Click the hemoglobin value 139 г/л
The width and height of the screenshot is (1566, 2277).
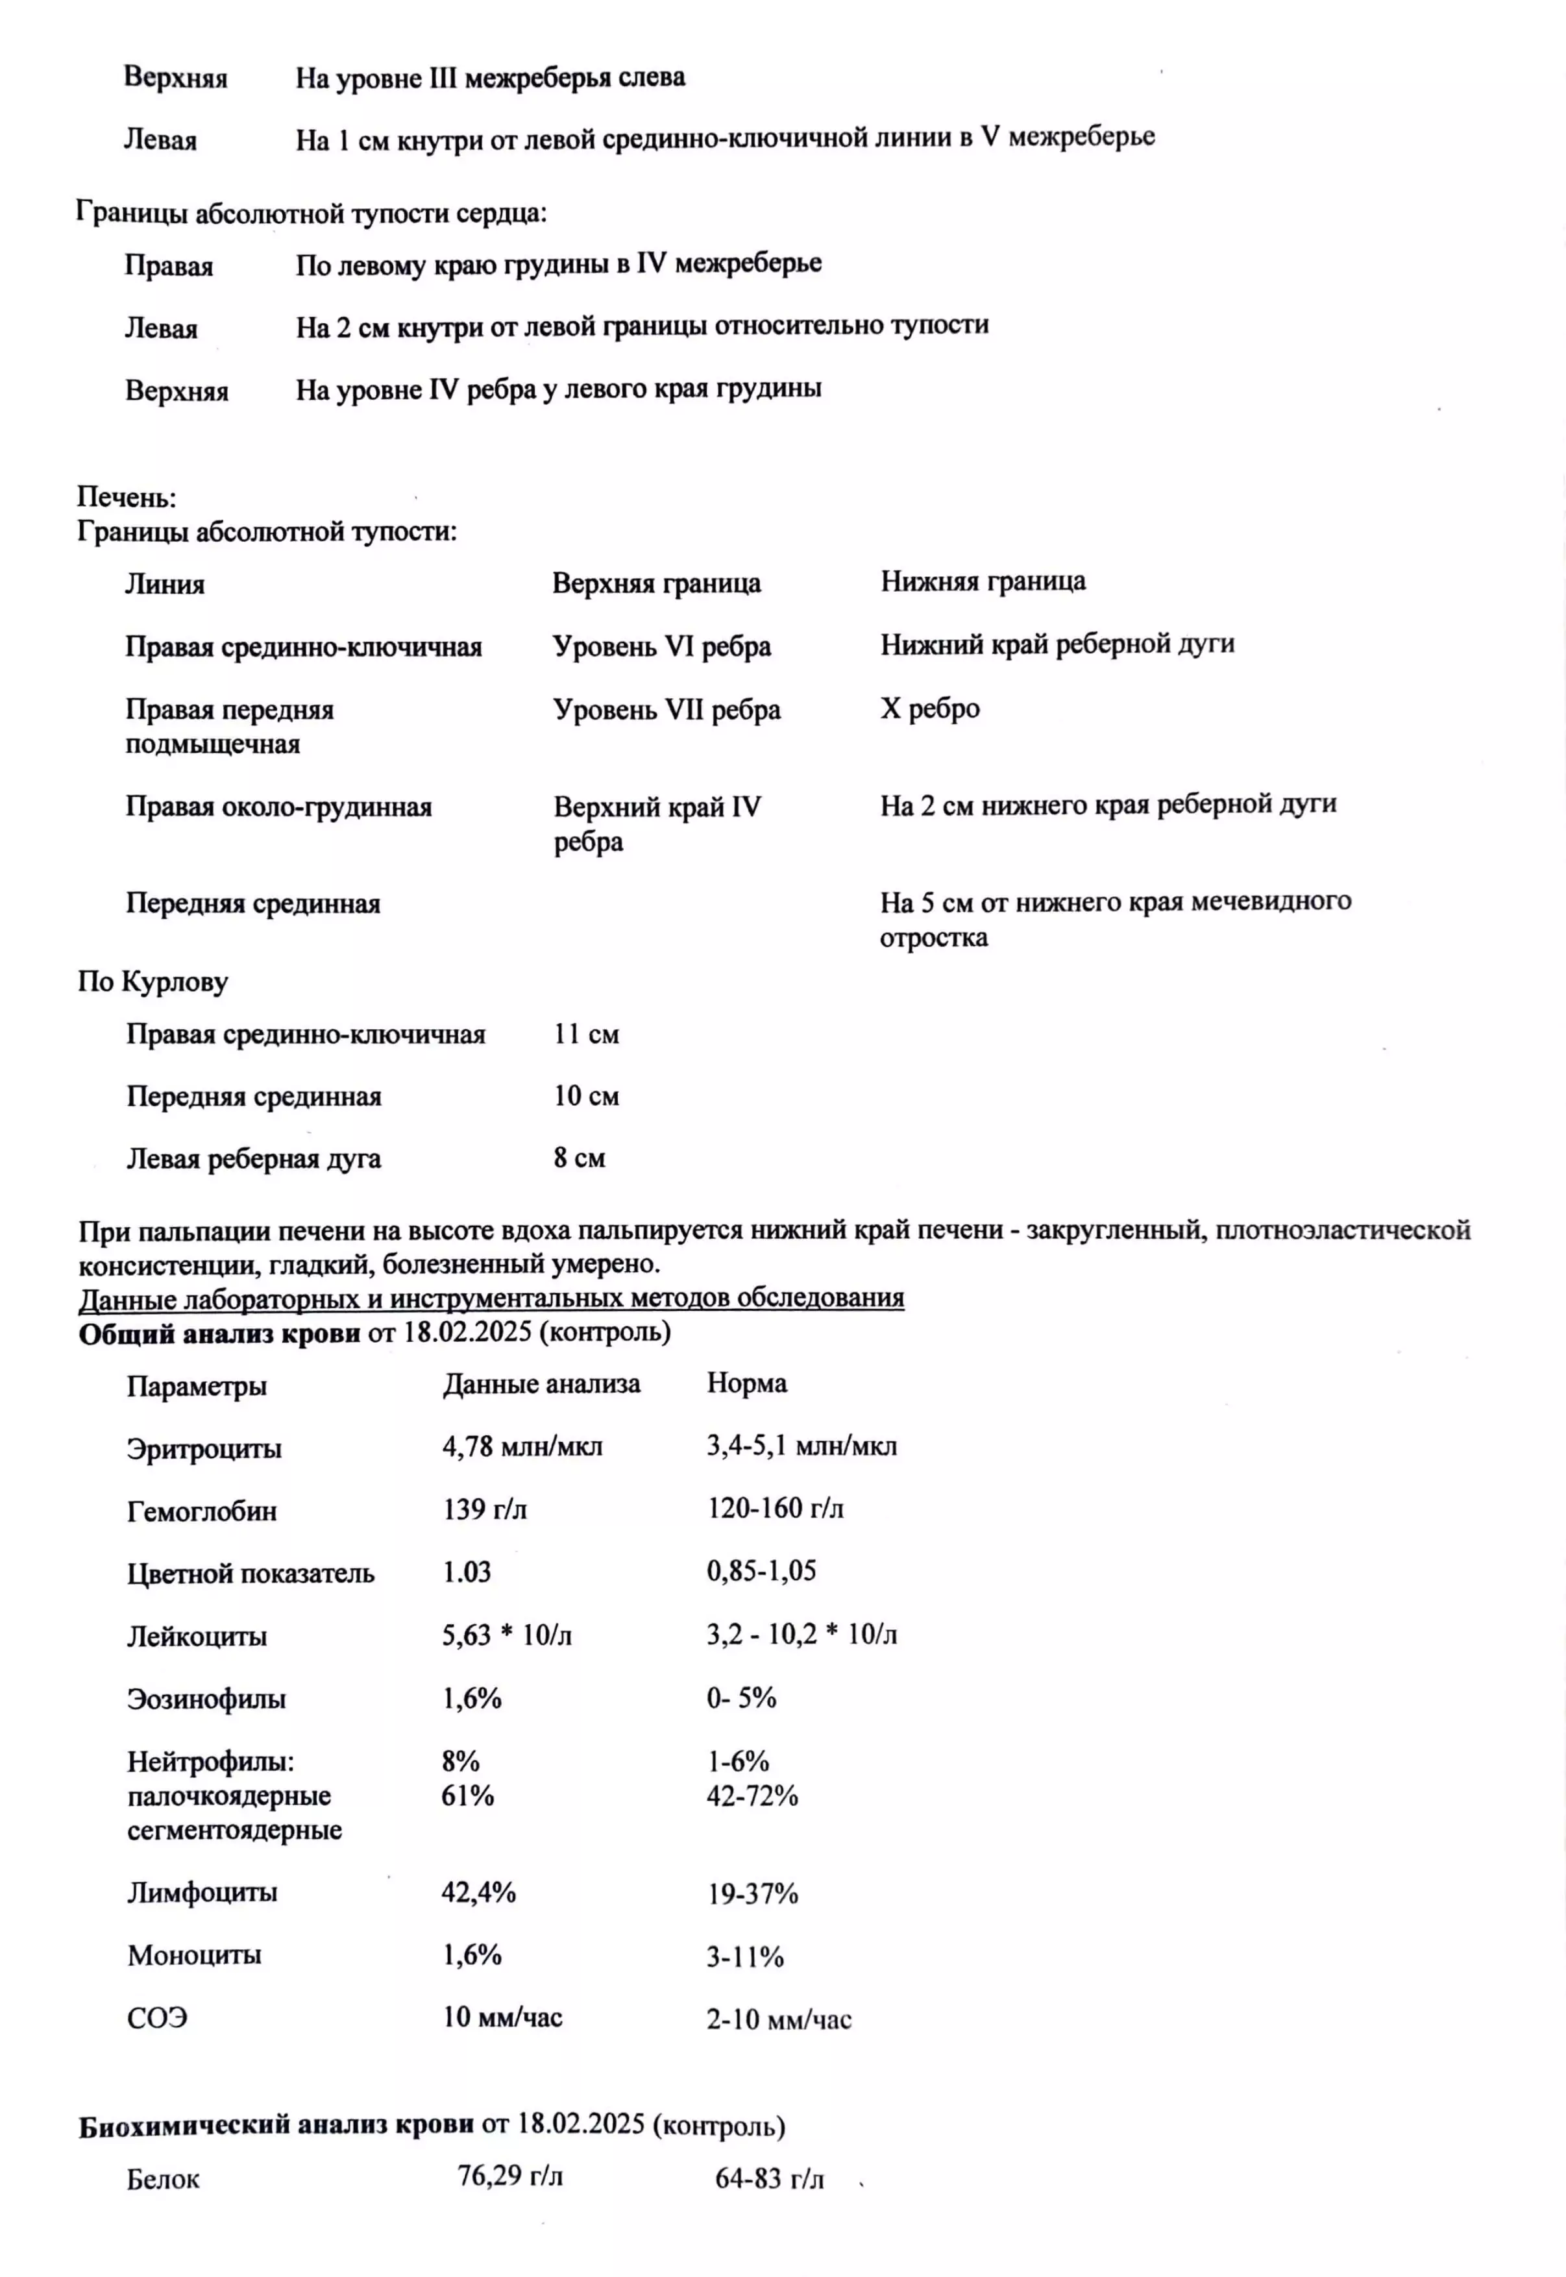coord(485,1509)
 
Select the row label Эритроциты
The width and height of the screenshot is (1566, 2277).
coord(204,1448)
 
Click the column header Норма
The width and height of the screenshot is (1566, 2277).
coord(747,1383)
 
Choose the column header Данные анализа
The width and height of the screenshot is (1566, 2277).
coord(541,1384)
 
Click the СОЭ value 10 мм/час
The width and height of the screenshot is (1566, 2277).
coord(502,2017)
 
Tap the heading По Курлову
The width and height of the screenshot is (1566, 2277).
coord(153,982)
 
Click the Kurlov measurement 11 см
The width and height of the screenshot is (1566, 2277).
coord(586,1034)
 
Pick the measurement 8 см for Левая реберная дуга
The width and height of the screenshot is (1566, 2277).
coord(579,1158)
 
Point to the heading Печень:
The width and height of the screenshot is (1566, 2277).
coord(127,498)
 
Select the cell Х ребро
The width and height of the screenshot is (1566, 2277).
coord(929,709)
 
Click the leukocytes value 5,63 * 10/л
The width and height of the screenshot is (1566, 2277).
coord(506,1635)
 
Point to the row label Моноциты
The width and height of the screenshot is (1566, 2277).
coord(194,1954)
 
